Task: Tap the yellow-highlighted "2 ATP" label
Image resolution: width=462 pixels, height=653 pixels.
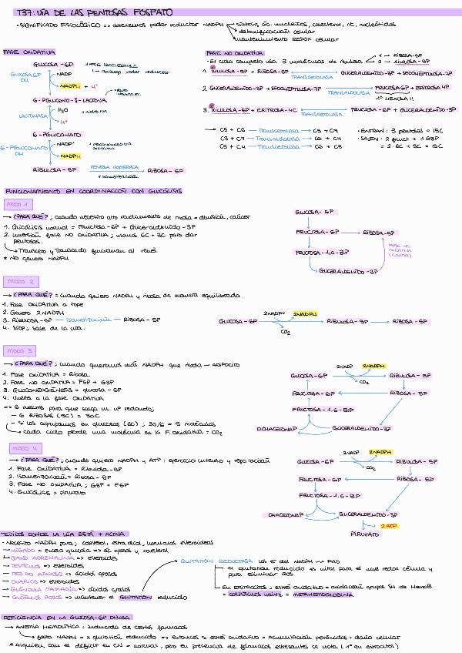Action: click(390, 524)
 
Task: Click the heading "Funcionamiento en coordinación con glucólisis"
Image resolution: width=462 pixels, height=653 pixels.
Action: click(73, 189)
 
